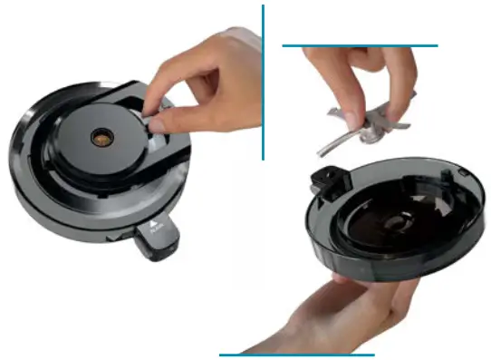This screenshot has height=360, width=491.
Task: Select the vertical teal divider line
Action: point(263,82)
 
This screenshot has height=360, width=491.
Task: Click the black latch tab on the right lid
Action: point(325,180)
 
